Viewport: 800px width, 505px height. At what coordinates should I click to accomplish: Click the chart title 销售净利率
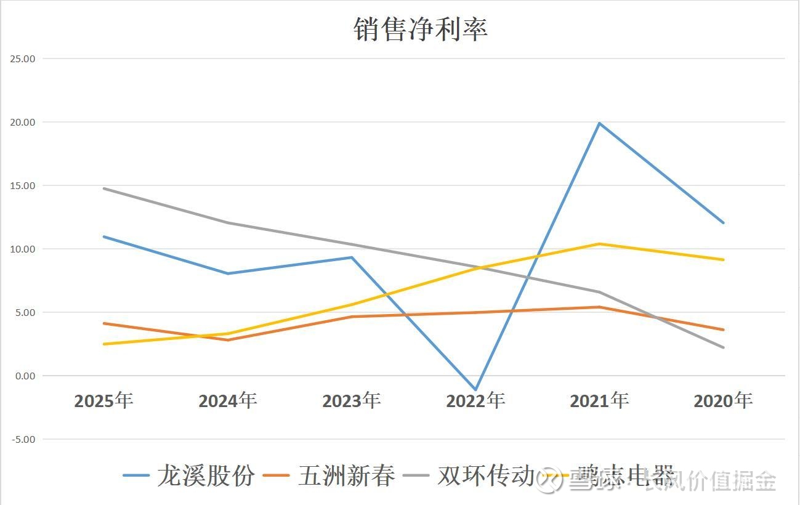tap(421, 29)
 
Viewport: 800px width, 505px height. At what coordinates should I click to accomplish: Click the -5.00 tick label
tap(23, 440)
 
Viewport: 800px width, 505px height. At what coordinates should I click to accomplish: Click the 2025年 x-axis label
tap(103, 401)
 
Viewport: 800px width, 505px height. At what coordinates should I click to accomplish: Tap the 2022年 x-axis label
tap(475, 401)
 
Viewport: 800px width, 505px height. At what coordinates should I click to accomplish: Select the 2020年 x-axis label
tap(723, 401)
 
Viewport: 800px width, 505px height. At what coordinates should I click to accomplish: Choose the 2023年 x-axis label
tap(351, 401)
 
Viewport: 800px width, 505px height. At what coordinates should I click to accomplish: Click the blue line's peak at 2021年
tap(599, 123)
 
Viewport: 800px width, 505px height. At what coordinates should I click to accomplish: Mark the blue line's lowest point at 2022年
tap(475, 390)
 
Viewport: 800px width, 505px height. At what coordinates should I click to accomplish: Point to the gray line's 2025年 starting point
tap(103, 188)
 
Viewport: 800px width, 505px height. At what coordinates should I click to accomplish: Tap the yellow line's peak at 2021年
tap(599, 244)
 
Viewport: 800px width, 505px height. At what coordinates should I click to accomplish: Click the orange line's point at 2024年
tap(227, 340)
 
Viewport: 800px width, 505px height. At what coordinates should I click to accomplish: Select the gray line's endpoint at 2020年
tap(724, 347)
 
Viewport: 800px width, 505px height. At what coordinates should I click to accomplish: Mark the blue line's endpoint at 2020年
tap(724, 223)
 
